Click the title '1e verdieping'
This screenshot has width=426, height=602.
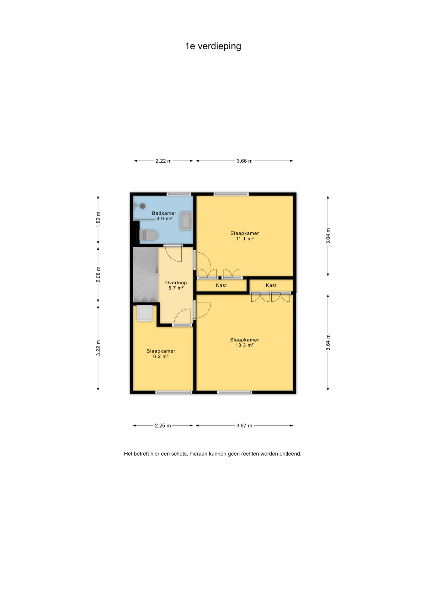[x=213, y=46]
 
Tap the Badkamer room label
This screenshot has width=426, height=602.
[x=164, y=213]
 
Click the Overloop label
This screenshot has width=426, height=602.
[x=176, y=283]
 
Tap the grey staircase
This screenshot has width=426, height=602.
[x=146, y=275]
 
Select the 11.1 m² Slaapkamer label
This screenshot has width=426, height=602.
[x=245, y=236]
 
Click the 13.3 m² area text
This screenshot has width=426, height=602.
[x=245, y=345]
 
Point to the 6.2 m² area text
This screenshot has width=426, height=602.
[x=161, y=356]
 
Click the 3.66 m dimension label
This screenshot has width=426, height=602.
[x=245, y=161]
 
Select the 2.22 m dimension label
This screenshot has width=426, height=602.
[x=163, y=161]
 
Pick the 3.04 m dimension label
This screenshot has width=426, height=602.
[x=328, y=236]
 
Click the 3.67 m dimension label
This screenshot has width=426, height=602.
[x=244, y=425]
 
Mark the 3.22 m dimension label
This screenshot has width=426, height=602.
[x=98, y=348]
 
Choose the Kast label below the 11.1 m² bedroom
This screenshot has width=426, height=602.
[x=221, y=285]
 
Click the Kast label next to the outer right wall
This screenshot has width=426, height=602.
[x=271, y=285]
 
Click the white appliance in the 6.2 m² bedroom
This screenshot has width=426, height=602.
[x=145, y=313]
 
